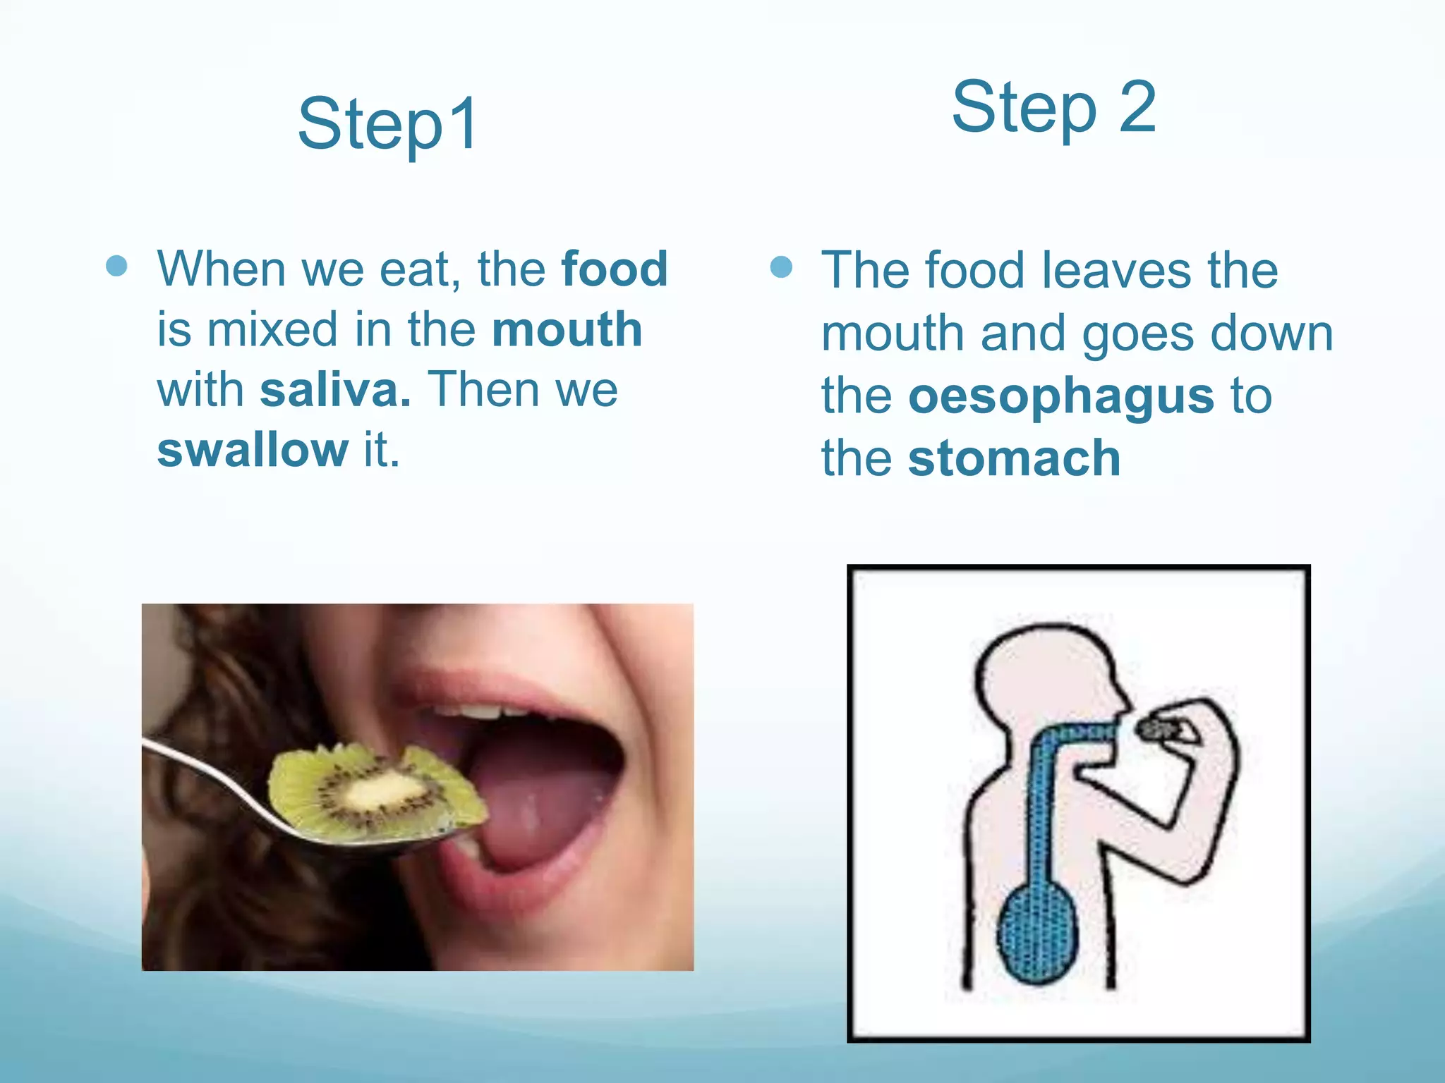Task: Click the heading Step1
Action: pos(388,125)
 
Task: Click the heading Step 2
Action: pos(1053,107)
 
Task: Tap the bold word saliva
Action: pos(334,390)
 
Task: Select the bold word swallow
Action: pos(253,450)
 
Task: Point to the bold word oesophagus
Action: pos(1060,396)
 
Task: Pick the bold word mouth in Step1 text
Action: pos(567,329)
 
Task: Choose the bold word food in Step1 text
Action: pos(614,269)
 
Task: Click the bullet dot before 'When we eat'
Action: pos(116,266)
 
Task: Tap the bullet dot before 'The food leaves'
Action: pos(781,267)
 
